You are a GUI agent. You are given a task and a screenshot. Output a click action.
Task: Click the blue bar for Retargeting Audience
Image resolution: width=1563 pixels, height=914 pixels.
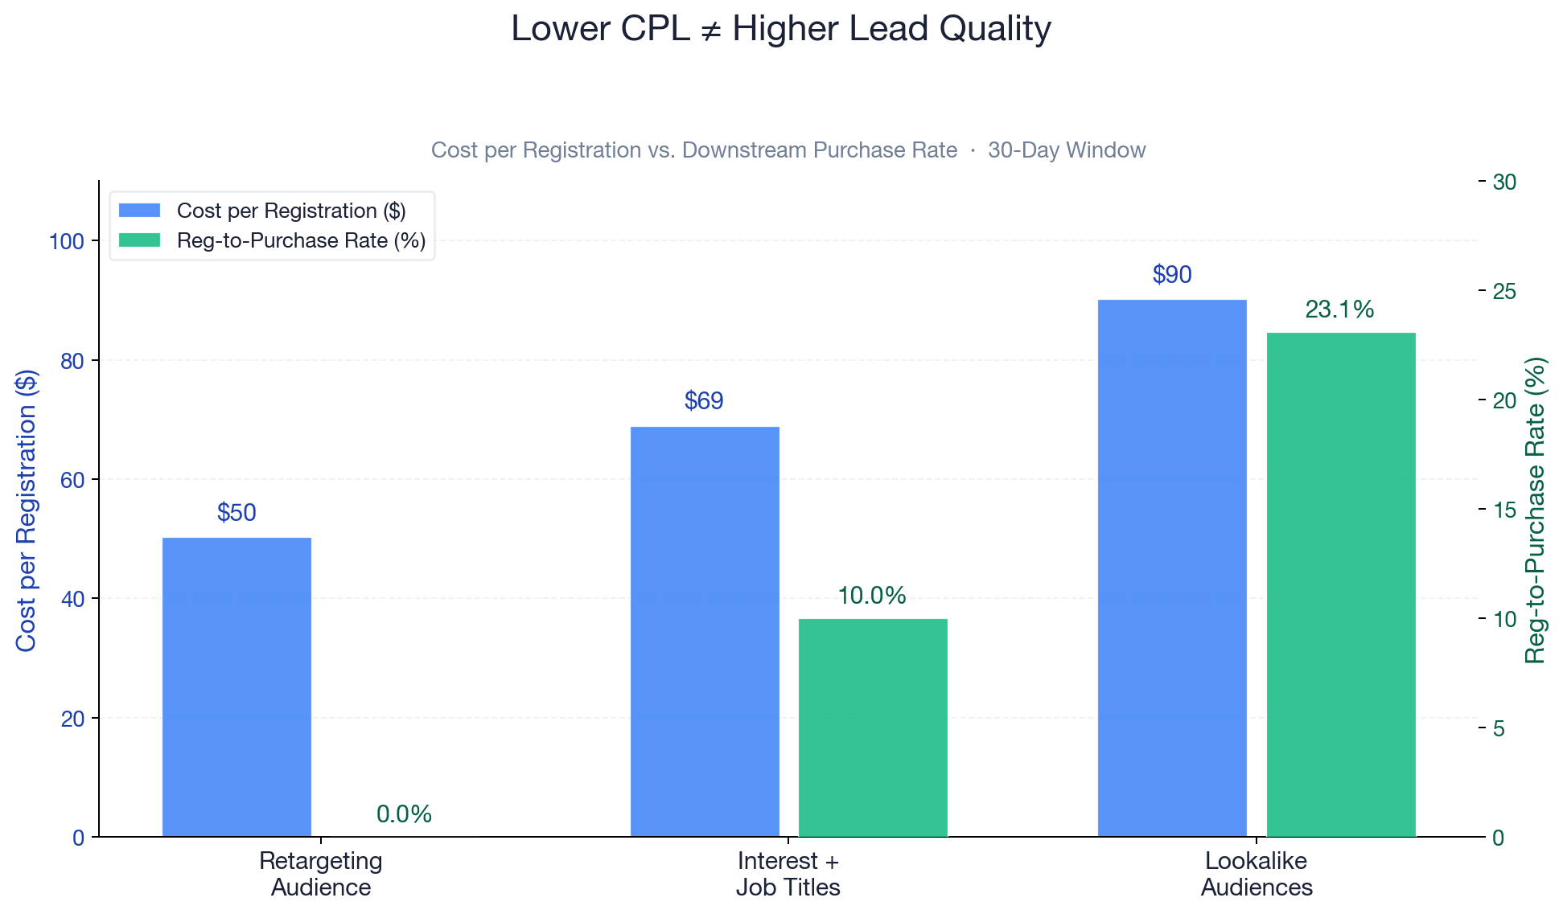tap(237, 687)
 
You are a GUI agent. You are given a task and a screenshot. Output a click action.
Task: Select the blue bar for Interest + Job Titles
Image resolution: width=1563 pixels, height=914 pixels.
tap(705, 632)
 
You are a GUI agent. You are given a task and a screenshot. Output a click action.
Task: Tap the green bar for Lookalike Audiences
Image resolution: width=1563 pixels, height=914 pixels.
tap(1341, 584)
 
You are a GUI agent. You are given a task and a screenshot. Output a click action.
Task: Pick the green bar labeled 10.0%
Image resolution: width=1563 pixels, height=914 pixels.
tap(873, 728)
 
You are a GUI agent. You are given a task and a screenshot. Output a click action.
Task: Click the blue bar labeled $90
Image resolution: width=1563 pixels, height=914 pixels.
tap(1172, 568)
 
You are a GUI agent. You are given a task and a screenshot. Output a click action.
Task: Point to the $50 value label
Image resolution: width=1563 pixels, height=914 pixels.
tap(237, 513)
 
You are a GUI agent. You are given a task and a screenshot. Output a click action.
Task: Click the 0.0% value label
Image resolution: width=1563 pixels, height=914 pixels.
tap(404, 814)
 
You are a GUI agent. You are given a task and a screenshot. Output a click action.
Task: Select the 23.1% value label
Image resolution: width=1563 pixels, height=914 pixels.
tap(1339, 309)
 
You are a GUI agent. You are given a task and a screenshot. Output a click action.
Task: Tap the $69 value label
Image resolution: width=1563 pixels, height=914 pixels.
tap(704, 401)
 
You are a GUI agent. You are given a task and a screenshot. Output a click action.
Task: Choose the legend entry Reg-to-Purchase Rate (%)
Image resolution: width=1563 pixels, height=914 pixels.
tap(301, 241)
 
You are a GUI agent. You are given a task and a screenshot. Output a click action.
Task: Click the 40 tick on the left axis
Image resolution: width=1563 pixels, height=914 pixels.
tap(72, 599)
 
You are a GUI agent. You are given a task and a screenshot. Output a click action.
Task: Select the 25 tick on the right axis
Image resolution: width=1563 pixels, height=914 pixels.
tap(1504, 291)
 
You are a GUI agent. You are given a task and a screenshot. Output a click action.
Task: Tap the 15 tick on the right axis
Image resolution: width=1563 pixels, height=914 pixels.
tap(1504, 510)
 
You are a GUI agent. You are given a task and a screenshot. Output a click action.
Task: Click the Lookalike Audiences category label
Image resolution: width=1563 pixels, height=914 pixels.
tap(1257, 874)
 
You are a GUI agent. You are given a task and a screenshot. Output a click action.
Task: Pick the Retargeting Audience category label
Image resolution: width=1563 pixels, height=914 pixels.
tap(321, 874)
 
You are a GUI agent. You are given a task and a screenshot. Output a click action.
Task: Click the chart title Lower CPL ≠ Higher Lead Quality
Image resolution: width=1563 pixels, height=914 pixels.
tap(781, 30)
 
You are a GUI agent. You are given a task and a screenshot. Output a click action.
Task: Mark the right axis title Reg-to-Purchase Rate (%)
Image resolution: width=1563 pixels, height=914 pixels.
tap(1536, 510)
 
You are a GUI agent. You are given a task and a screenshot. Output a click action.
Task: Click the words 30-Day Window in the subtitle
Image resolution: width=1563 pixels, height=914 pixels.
tap(1067, 150)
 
